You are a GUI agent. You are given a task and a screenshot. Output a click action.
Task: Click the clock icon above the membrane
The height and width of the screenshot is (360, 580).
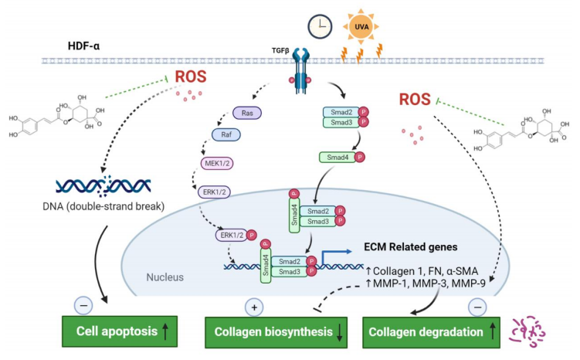(319, 26)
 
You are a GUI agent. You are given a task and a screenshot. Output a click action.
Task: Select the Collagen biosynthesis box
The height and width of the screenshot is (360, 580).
(274, 334)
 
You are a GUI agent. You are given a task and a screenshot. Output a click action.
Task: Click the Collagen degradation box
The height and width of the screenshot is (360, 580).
(431, 334)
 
